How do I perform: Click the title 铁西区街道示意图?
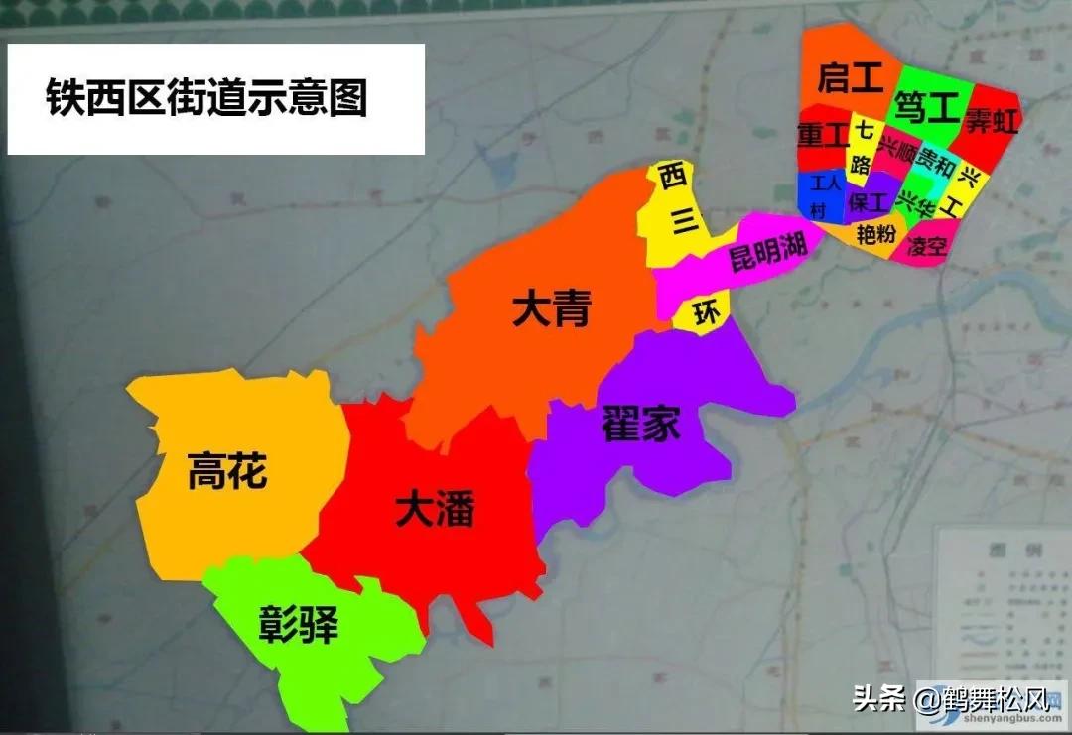[206, 98]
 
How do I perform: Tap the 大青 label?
[551, 309]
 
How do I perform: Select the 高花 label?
[227, 470]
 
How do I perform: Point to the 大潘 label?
[434, 509]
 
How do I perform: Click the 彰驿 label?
[299, 625]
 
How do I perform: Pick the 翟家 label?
[640, 426]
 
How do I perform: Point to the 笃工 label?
[923, 105]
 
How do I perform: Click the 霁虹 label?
[991, 122]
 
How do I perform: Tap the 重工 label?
[822, 134]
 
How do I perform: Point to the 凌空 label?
[927, 245]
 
